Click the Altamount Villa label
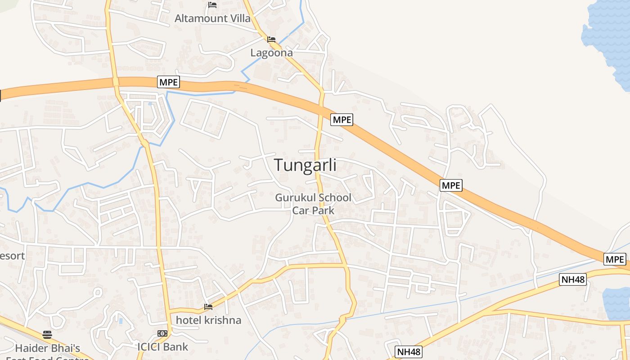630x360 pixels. point(212,18)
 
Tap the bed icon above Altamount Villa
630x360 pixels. point(212,5)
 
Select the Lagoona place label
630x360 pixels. point(271,53)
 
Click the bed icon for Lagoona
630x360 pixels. point(271,40)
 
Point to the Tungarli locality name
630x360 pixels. point(306,165)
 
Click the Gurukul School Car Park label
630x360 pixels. point(313,204)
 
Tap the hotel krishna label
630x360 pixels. point(208,320)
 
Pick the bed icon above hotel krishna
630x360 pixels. point(208,307)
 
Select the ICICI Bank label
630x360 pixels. point(162,347)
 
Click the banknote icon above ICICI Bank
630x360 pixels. point(162,333)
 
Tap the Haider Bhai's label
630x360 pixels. point(47,348)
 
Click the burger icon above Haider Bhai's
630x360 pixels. point(47,334)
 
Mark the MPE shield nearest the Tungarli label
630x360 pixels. point(342,120)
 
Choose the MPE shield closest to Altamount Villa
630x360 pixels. point(169,82)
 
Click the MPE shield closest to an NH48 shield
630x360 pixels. point(615,259)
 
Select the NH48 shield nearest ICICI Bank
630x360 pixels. point(409,351)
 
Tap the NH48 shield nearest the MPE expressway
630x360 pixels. point(573,279)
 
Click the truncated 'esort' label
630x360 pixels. point(12,256)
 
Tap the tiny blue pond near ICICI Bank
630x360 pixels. point(121,321)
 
